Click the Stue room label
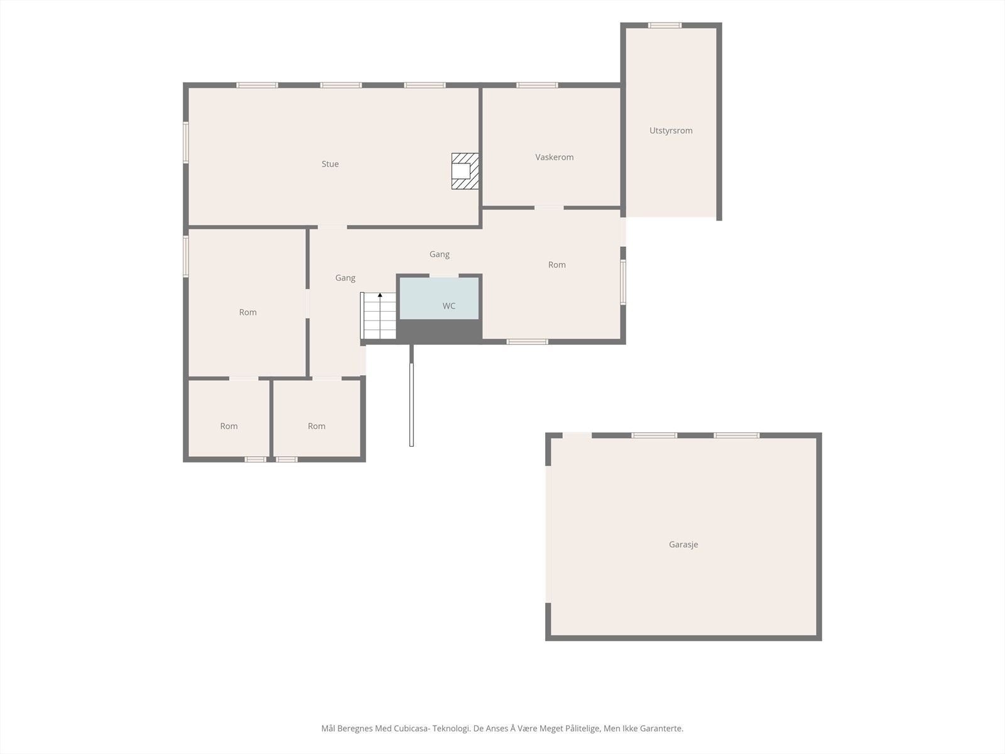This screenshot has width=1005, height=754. [x=330, y=164]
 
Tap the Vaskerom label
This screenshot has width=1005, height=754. [x=554, y=157]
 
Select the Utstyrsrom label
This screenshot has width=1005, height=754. [x=671, y=131]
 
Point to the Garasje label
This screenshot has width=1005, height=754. [x=683, y=544]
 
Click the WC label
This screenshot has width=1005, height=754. [x=448, y=306]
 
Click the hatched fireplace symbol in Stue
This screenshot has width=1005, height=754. [x=465, y=171]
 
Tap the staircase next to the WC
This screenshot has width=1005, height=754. [x=378, y=316]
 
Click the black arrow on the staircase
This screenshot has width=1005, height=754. [x=380, y=295]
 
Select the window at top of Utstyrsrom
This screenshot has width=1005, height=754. [x=665, y=25]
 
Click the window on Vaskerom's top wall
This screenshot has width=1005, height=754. [x=537, y=85]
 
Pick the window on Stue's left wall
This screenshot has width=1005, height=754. [x=186, y=143]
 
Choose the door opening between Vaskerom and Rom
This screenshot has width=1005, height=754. [x=549, y=208]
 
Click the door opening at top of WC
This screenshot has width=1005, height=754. [x=444, y=276]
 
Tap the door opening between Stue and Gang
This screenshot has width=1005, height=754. [x=332, y=227]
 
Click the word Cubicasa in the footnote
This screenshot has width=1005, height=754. [x=409, y=728]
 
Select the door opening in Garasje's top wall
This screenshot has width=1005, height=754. [x=577, y=435]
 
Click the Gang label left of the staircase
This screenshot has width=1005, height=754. [x=345, y=278]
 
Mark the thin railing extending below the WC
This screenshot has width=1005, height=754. [x=411, y=395]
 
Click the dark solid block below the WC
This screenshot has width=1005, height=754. [x=439, y=331]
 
